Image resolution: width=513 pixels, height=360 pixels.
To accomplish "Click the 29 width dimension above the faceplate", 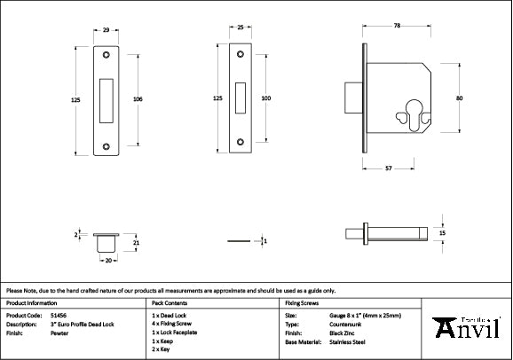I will click(107, 31).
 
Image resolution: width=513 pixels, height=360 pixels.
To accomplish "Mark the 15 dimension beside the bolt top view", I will click(442, 232).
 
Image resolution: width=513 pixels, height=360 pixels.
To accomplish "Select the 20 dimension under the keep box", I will click(107, 261).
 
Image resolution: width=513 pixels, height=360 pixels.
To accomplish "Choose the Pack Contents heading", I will click(170, 302).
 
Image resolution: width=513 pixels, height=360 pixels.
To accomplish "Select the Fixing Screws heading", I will click(301, 302).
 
